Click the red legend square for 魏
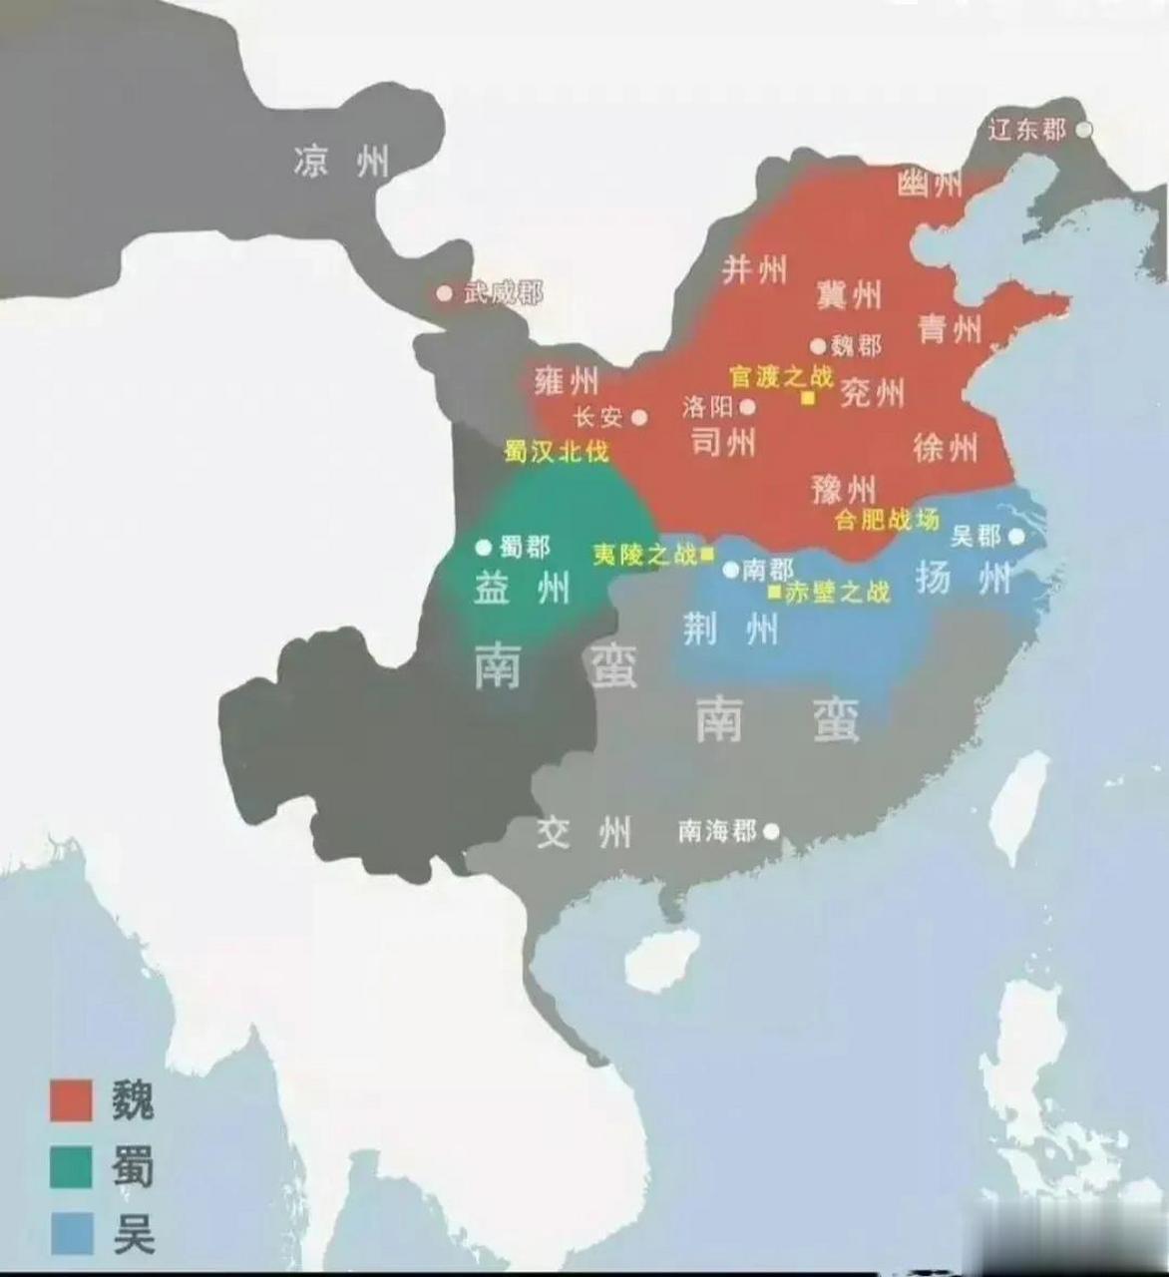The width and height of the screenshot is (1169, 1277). click(x=71, y=1100)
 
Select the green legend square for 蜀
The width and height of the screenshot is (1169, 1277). click(x=71, y=1166)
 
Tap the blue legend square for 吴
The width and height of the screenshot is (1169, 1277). click(x=71, y=1233)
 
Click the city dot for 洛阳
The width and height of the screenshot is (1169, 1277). click(x=747, y=407)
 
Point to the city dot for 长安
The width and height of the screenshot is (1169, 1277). click(x=639, y=418)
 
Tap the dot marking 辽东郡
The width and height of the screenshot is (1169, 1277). click(x=1083, y=130)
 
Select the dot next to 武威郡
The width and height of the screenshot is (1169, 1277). click(x=445, y=293)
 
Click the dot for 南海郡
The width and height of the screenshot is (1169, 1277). click(x=771, y=830)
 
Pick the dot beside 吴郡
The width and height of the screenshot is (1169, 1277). click(x=1016, y=536)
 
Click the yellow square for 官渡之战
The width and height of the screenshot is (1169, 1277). click(x=808, y=398)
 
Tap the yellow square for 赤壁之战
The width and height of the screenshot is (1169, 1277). click(x=774, y=592)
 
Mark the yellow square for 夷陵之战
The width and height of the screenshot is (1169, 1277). click(x=707, y=554)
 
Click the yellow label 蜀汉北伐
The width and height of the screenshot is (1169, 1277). click(x=556, y=452)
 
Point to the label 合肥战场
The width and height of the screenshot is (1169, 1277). click(x=887, y=520)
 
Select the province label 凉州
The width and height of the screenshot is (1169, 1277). click(x=341, y=161)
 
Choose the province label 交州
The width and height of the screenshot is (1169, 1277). click(x=584, y=831)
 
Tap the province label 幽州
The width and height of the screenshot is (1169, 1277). click(x=930, y=183)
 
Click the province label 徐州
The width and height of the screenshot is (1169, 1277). click(x=946, y=448)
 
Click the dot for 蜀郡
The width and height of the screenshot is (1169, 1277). click(x=484, y=547)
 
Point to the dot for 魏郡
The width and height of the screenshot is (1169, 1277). click(x=818, y=346)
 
